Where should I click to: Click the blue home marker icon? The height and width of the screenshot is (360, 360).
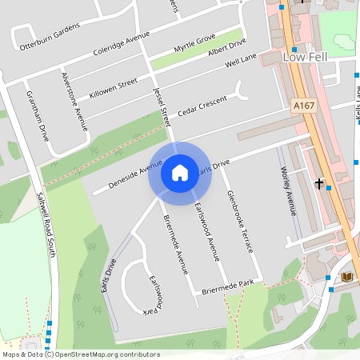(x=179, y=173)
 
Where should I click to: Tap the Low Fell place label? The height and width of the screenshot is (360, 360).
(x=306, y=56)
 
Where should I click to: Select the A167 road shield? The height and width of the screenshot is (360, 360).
(x=303, y=106)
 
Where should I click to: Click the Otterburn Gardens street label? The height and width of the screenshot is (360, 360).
(x=46, y=38)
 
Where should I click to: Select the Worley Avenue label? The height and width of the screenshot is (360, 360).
(x=288, y=192)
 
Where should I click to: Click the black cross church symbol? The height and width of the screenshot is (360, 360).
(x=319, y=184)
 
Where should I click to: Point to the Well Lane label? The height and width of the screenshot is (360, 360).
(x=241, y=61)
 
